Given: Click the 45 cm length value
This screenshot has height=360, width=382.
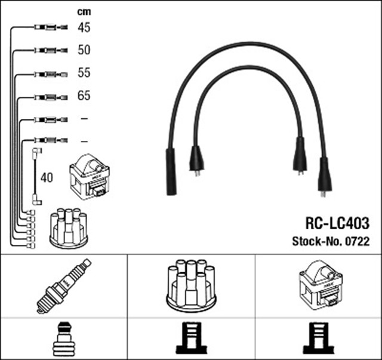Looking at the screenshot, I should point(84,27).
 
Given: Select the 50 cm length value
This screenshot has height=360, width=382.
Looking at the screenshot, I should point(84,50).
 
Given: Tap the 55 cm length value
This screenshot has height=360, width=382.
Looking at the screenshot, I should point(84,73).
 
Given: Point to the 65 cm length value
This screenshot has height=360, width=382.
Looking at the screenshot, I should point(84,96).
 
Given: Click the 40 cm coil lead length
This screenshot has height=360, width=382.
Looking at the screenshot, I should point(47,177).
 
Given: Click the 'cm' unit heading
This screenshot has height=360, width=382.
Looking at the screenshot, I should point(84,11).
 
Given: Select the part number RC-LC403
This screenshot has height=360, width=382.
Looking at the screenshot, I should point(337,224).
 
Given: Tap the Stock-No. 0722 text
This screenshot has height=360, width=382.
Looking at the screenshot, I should point(330,241).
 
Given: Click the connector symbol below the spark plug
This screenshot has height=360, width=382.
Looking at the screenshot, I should point(63,339).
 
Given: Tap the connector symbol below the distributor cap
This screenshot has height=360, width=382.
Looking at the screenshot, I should point(191,339).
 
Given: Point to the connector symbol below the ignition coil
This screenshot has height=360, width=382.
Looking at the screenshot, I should point(319,339).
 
